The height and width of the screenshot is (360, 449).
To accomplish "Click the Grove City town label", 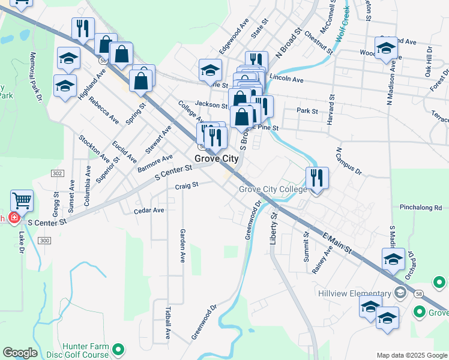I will pyautogui.click(x=216, y=159).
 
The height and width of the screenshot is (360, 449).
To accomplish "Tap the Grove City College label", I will pyautogui.click(x=273, y=189).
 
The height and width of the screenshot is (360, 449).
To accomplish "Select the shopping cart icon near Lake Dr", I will pyautogui.click(x=22, y=200).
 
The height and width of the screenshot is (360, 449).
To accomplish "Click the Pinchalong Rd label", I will pyautogui.click(x=420, y=208).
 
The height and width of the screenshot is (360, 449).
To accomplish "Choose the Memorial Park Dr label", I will pyautogui.click(x=37, y=75).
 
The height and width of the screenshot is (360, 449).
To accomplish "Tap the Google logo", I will pyautogui.click(x=20, y=353).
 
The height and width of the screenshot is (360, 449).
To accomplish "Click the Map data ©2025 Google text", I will pyautogui.click(x=412, y=355).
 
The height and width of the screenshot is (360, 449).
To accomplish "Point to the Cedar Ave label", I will pyautogui.click(x=149, y=211).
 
